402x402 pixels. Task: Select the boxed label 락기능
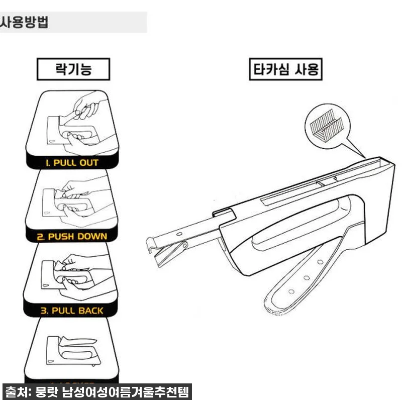pos(73,69)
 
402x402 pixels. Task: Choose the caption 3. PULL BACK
pos(72,311)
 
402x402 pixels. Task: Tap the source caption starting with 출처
pos(98,391)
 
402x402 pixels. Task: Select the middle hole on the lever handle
pos(306,277)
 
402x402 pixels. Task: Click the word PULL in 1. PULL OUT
pos(65,163)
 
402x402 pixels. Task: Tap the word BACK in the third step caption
pos(91,311)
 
